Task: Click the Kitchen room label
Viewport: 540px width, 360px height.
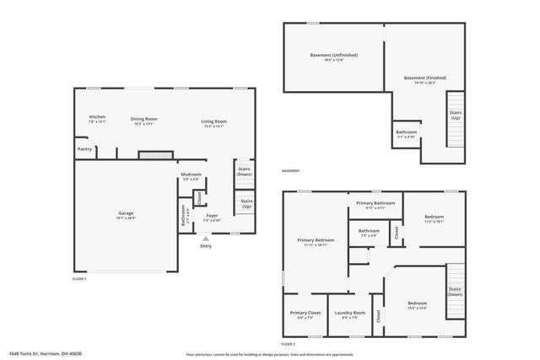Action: click(x=97, y=118)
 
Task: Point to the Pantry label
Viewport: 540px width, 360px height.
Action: click(x=84, y=149)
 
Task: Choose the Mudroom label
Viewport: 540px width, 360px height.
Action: click(x=192, y=175)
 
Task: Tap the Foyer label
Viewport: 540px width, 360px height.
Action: click(x=213, y=216)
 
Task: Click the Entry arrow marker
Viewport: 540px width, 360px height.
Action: click(x=205, y=239)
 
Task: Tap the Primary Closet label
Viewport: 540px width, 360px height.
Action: click(x=304, y=314)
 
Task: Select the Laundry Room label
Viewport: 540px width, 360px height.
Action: click(x=347, y=314)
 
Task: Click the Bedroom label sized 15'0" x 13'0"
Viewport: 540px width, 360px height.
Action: click(x=418, y=304)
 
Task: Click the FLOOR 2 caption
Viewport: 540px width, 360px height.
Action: click(x=289, y=344)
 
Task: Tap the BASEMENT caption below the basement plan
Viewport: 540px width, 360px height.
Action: click(x=291, y=171)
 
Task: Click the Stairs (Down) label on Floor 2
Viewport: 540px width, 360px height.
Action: click(x=455, y=292)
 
